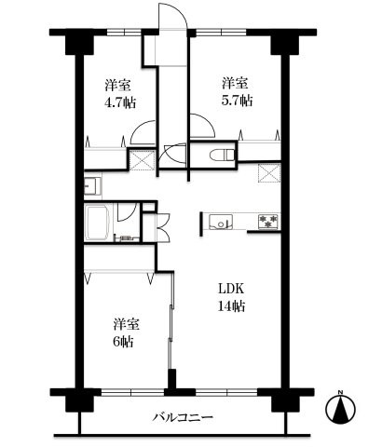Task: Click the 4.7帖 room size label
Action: [x=118, y=101]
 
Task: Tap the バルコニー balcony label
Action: [x=184, y=417]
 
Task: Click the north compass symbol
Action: [x=342, y=408]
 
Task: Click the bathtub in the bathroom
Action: [x=100, y=223]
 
